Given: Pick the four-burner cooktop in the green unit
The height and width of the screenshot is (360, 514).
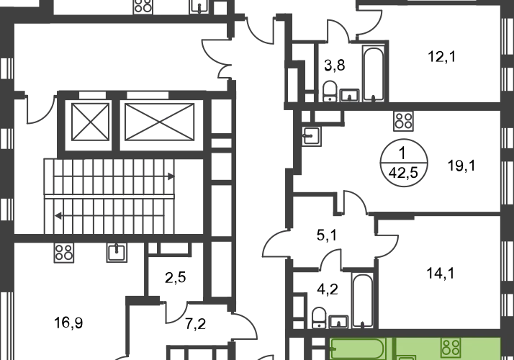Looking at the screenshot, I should click(451, 348).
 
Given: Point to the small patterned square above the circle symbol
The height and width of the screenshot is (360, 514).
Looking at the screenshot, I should click(405, 122).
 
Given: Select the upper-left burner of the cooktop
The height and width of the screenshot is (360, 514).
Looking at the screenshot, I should click(446, 343).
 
